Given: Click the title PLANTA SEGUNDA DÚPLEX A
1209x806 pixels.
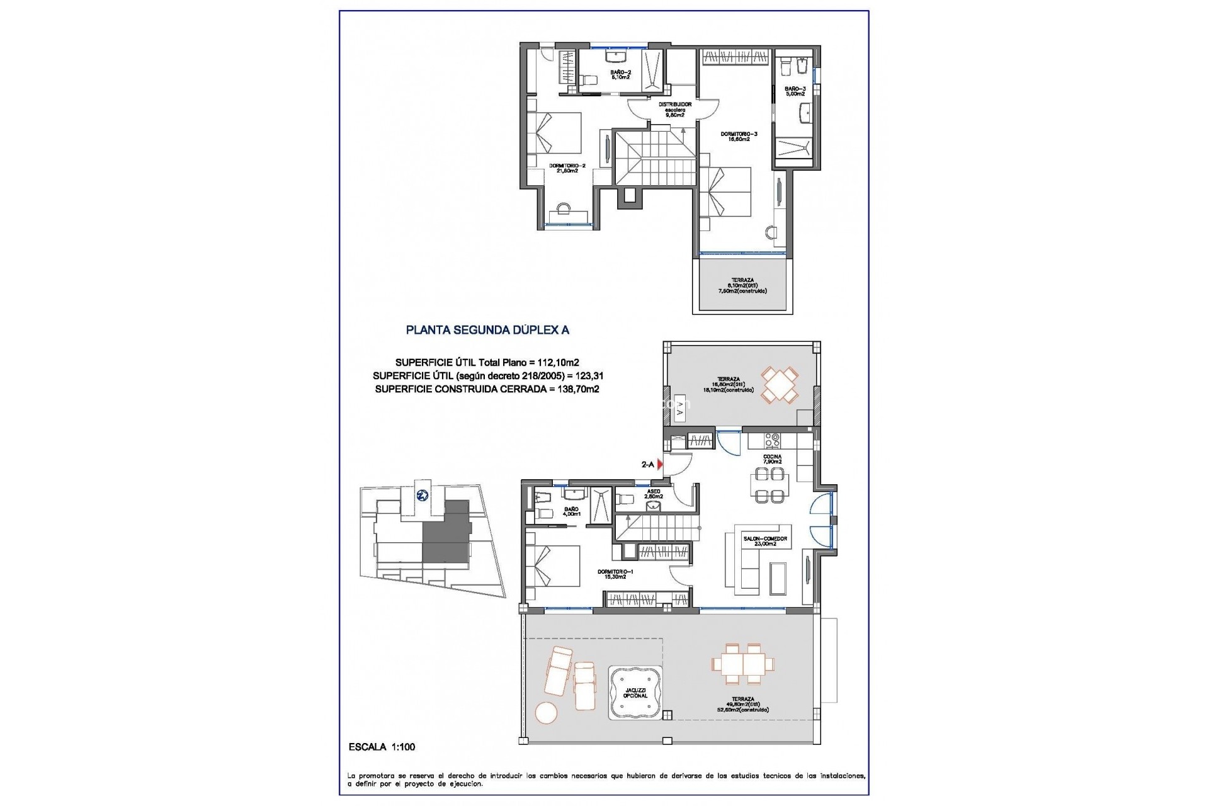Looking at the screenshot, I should (x=487, y=329).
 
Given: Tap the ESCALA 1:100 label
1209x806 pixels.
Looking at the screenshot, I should (x=382, y=747).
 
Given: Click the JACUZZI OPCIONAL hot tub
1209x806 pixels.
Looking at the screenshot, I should (x=635, y=693).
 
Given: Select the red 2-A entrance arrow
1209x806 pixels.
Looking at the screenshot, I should (x=660, y=465).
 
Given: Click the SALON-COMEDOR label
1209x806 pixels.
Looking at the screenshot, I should (x=765, y=541).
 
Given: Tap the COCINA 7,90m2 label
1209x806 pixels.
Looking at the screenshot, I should (x=773, y=459).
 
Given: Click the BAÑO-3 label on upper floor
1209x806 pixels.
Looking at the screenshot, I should (x=795, y=91).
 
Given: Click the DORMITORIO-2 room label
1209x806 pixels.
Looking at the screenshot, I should (x=567, y=168).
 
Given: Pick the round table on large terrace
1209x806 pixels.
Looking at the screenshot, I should (x=547, y=712).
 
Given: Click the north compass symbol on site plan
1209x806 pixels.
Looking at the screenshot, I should (x=423, y=495).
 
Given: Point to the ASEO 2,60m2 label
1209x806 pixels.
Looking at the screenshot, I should (x=654, y=494).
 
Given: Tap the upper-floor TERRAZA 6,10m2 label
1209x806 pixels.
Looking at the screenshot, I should (x=742, y=285).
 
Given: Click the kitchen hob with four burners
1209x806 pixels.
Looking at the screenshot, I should (x=772, y=440).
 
